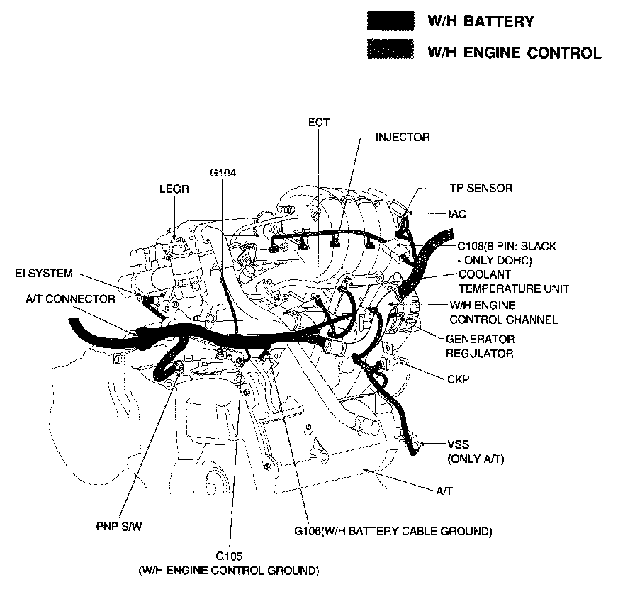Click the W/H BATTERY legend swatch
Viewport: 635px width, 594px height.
point(390,21)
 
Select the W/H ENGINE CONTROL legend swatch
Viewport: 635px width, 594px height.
point(390,52)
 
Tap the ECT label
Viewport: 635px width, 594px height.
point(319,123)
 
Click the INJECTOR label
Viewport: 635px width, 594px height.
point(403,137)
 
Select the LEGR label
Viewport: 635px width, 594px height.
point(173,189)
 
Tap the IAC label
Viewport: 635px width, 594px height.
point(457,213)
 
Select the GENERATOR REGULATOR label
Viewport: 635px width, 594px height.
point(480,346)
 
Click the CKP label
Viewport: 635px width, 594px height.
point(458,379)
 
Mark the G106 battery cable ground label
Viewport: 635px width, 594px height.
point(393,531)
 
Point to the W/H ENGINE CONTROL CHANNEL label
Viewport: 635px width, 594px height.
point(503,313)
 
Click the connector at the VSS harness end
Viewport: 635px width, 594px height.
point(415,446)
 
